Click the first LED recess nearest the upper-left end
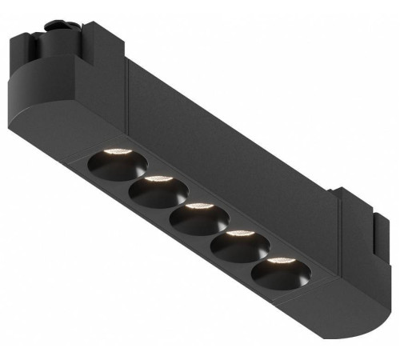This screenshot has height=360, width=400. pyautogui.click(x=117, y=164)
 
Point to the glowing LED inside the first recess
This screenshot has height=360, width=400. pyautogui.click(x=115, y=152)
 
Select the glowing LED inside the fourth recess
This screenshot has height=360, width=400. pyautogui.click(x=238, y=234)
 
